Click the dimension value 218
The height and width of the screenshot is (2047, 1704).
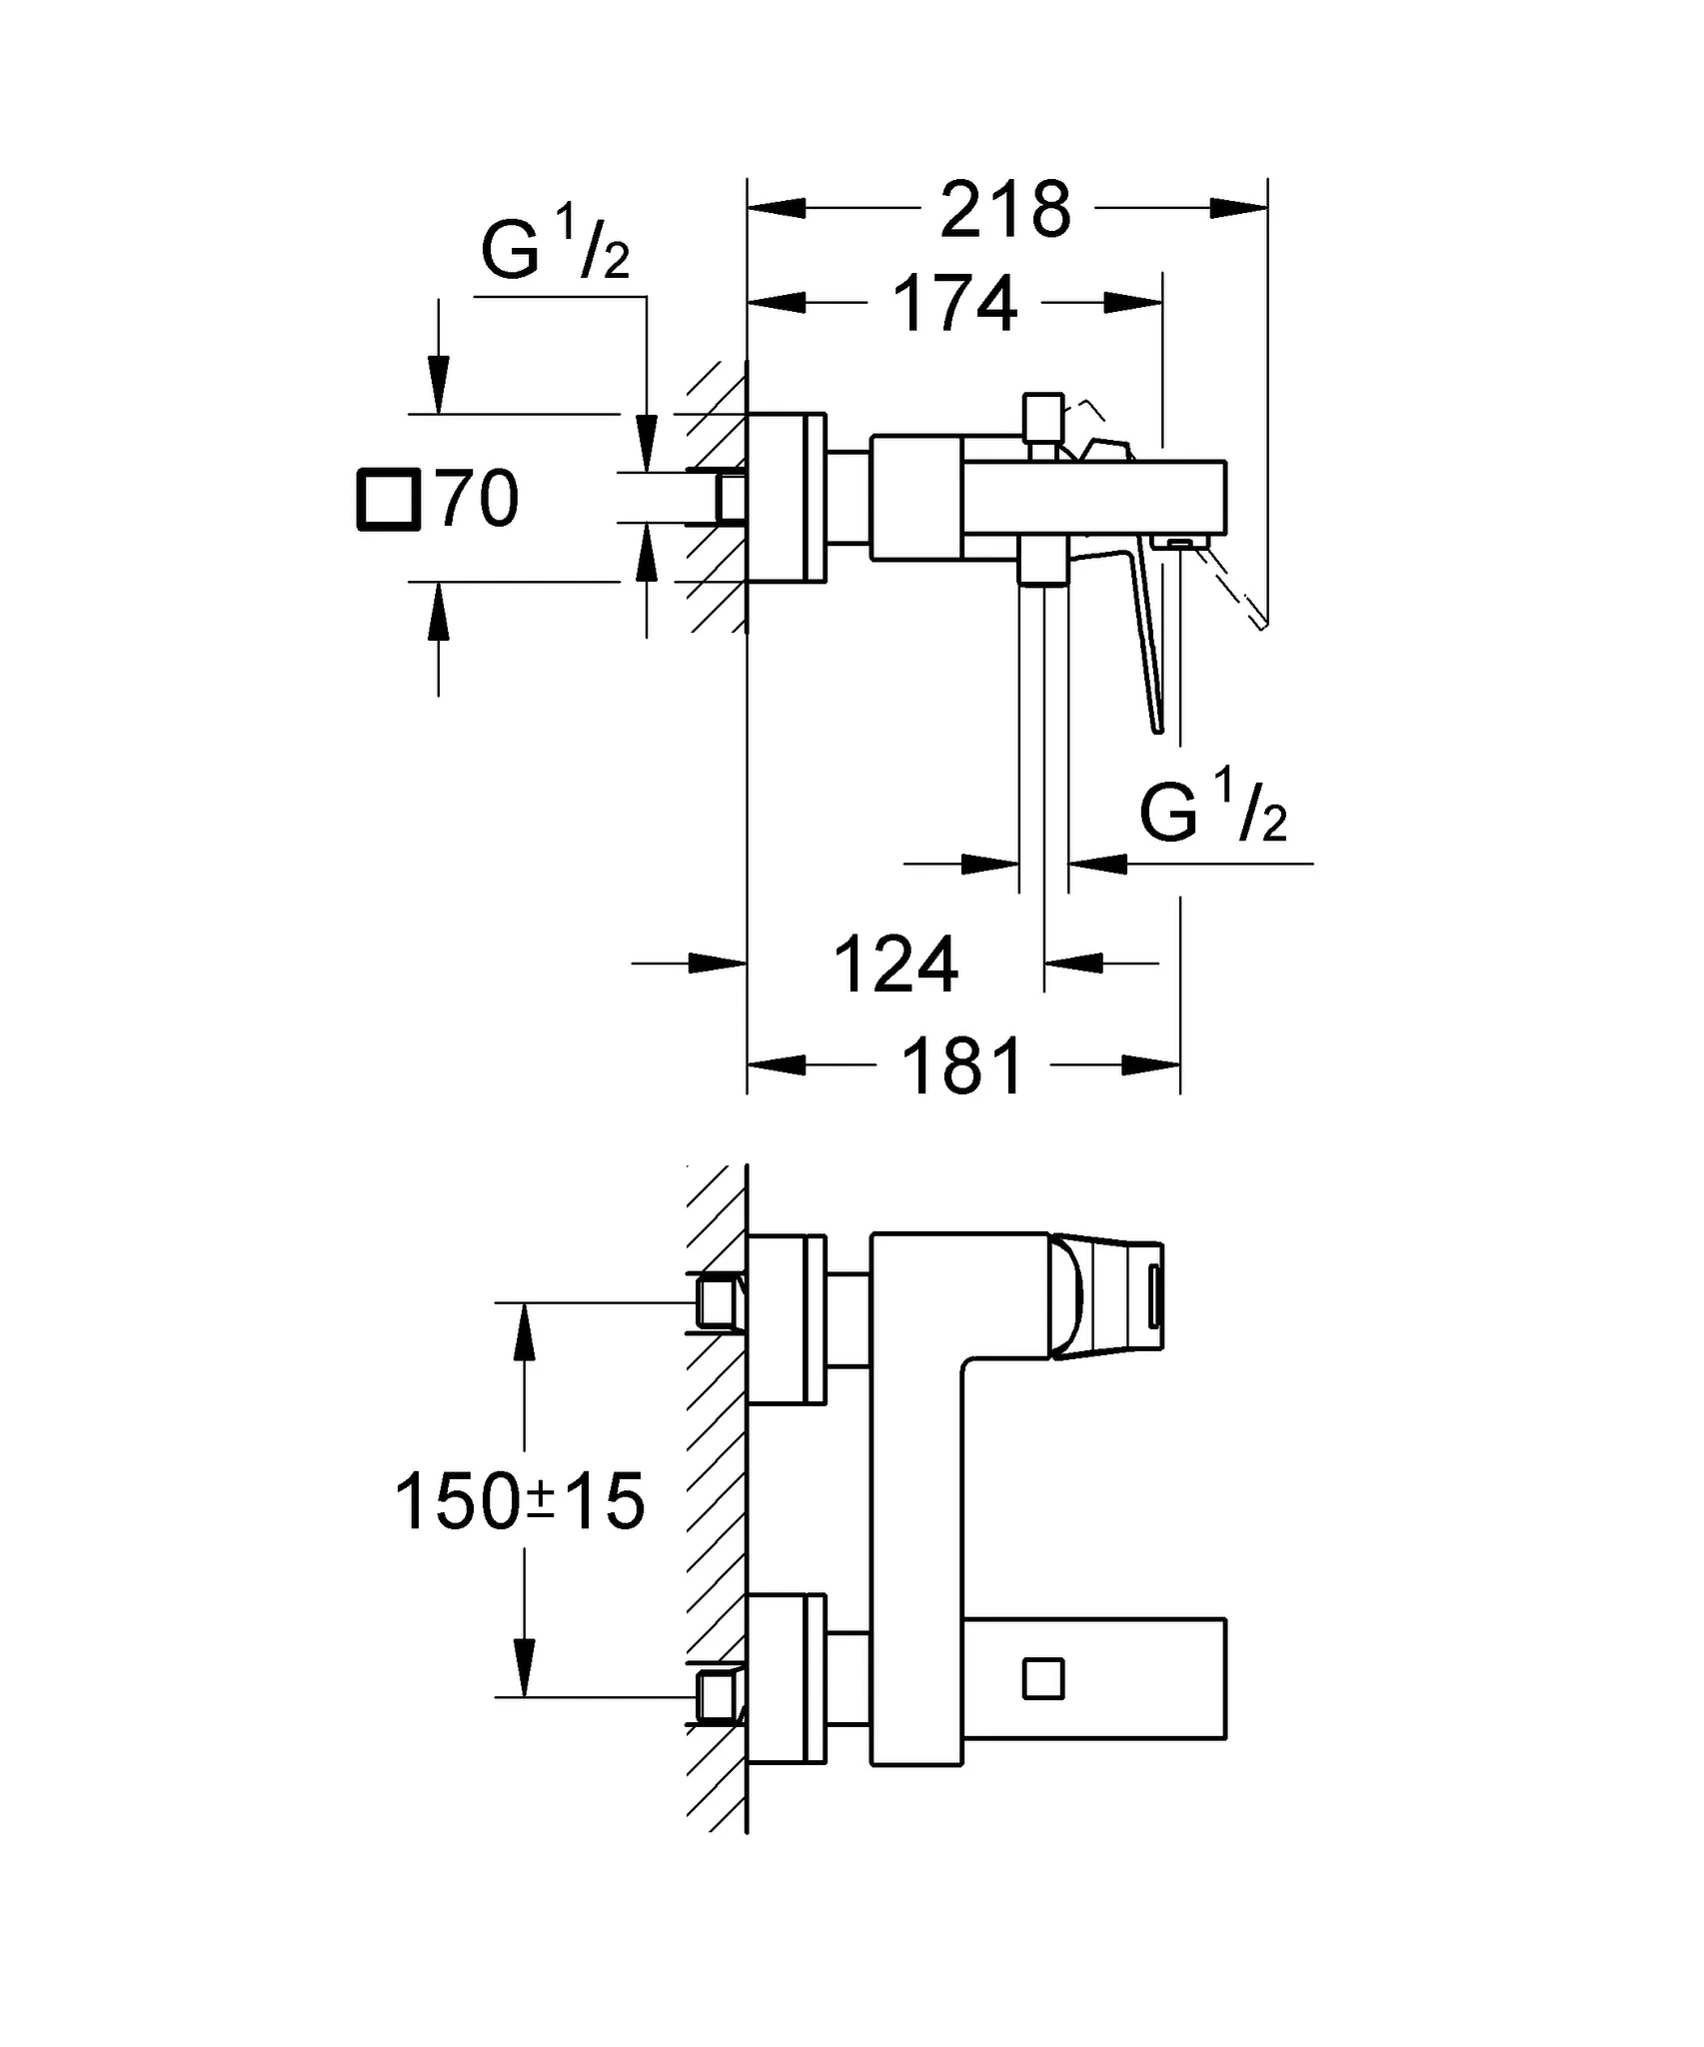(x=1004, y=210)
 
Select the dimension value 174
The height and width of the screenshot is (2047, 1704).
(x=954, y=304)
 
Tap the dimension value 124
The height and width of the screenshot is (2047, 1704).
(x=895, y=965)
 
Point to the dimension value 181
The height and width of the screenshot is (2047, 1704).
(x=963, y=1066)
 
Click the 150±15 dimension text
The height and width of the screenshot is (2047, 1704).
(x=520, y=1502)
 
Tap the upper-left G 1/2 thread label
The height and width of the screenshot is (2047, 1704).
(x=555, y=247)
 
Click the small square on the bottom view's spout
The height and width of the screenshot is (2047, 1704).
(x=1043, y=1679)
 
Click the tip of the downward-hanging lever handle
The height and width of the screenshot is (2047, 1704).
(x=1157, y=727)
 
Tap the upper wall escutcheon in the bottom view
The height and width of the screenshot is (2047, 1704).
(x=787, y=1319)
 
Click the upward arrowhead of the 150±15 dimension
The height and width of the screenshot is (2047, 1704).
(x=524, y=1333)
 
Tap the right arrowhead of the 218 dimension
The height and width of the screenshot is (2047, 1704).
(x=1239, y=208)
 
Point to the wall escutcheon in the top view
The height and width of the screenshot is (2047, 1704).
(x=787, y=497)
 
